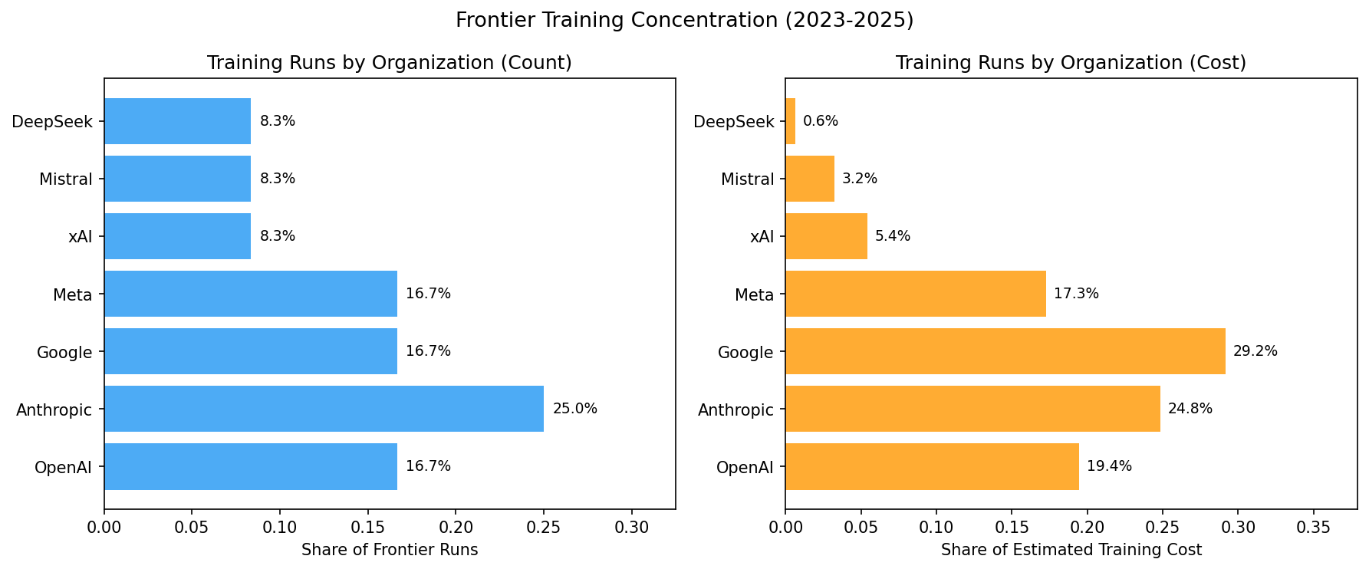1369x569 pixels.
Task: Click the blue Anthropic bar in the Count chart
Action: [324, 409]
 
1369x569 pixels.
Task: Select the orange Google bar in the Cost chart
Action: [1005, 351]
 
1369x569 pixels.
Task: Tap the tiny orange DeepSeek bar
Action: [790, 121]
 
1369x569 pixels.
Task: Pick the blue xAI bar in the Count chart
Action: [177, 236]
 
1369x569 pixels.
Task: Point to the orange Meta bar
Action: [915, 294]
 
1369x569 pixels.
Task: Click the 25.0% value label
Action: [575, 409]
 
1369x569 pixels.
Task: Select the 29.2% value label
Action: [1255, 351]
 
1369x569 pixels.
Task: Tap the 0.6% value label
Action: [821, 121]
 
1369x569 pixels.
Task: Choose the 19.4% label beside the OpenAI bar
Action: [1109, 466]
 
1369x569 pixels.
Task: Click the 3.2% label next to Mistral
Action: [860, 179]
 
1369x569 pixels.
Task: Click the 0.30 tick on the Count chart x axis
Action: [631, 528]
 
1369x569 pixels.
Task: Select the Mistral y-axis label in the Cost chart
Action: [747, 179]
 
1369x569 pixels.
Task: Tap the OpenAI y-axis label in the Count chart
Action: [63, 467]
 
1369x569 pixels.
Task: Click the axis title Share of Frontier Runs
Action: [390, 550]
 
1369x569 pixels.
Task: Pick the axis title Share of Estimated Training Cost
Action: [1071, 550]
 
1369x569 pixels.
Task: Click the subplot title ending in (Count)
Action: [390, 63]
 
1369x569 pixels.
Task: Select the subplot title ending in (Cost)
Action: [1071, 63]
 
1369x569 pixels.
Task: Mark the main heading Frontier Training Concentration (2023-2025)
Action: [684, 20]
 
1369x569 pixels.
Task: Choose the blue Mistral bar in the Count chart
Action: [177, 179]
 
